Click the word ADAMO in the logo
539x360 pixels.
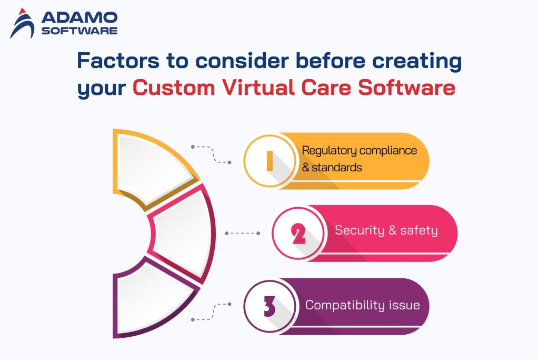[79, 17]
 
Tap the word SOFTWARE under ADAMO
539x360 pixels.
[79, 31]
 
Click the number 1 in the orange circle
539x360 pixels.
[269, 160]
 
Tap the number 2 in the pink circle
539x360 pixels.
[298, 233]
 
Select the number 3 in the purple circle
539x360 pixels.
[269, 306]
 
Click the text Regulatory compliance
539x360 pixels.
[359, 151]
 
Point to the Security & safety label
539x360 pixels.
[386, 230]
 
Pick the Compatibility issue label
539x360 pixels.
[362, 305]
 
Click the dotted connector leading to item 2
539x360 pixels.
[242, 233]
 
